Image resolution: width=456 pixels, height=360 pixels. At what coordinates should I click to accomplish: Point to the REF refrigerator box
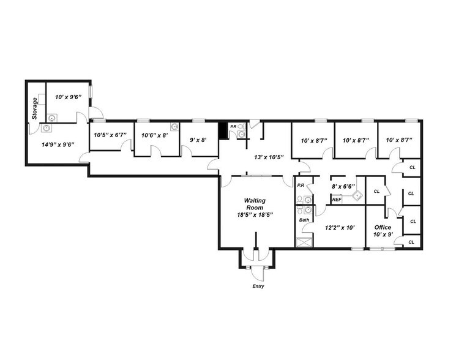pyautogui.click(x=337, y=200)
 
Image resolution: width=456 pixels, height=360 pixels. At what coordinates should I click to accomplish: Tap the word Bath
pyautogui.click(x=304, y=220)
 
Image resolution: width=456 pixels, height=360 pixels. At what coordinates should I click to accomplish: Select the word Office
pyautogui.click(x=383, y=227)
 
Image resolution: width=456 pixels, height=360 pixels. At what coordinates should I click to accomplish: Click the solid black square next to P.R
pyautogui.click(x=223, y=131)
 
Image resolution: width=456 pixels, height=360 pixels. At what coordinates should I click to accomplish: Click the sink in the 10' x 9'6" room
pyautogui.click(x=53, y=115)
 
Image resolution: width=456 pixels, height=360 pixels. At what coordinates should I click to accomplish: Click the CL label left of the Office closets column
pyautogui.click(x=376, y=191)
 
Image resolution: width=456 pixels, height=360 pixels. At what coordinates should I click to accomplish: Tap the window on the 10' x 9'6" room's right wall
pyautogui.click(x=90, y=91)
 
